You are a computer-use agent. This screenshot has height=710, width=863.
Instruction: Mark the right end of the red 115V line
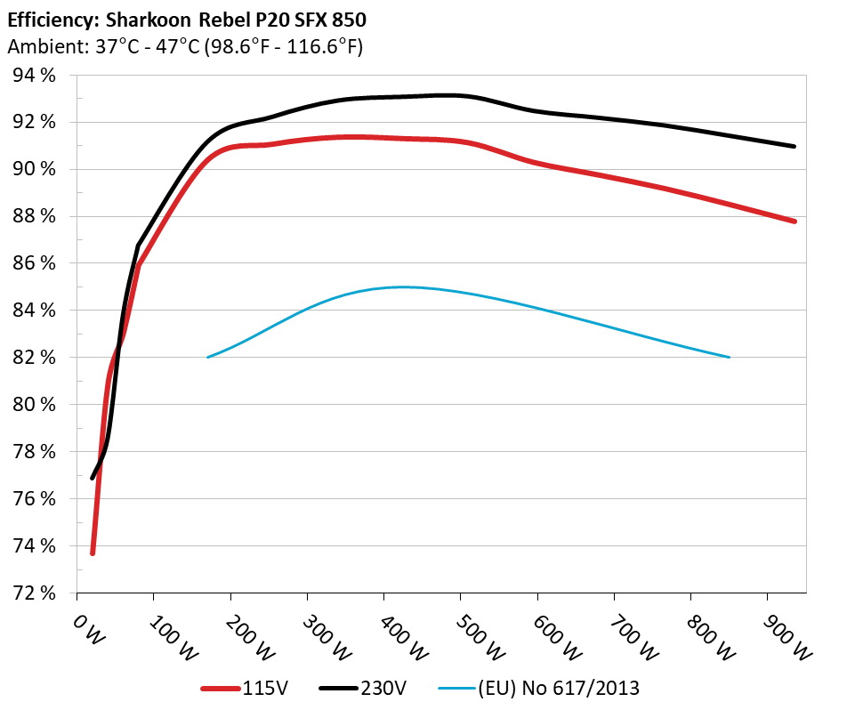coord(794,221)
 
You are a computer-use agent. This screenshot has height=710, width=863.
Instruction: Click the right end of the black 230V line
coord(794,146)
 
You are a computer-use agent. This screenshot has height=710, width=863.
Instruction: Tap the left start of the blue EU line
coord(207,358)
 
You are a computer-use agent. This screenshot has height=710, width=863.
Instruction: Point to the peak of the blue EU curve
coord(400,286)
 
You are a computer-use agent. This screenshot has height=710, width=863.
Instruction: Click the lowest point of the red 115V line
coord(93,553)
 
